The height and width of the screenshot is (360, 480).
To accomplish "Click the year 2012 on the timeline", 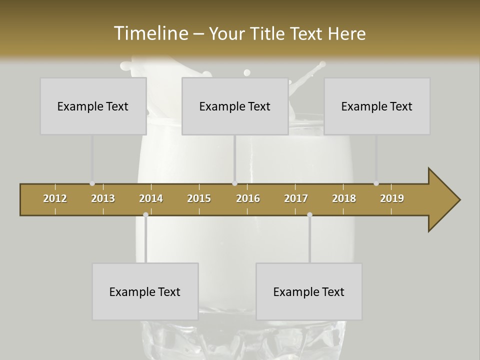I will [x=55, y=198].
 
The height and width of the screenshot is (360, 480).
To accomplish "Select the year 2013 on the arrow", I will [x=103, y=198].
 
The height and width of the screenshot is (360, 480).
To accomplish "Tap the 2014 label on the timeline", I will [x=151, y=198].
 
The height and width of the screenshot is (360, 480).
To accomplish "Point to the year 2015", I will [x=199, y=198].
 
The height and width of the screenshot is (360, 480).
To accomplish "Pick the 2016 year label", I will [x=248, y=198].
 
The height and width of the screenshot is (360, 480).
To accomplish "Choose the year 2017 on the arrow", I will [x=296, y=198].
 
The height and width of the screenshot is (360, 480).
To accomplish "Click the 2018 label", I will [x=344, y=198].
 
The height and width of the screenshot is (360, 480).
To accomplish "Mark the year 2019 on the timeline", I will [x=392, y=198].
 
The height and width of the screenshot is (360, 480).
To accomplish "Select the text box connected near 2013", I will [x=93, y=106].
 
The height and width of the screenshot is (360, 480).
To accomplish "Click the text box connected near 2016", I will [x=235, y=106].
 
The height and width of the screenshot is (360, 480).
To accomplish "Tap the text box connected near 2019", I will [x=377, y=106].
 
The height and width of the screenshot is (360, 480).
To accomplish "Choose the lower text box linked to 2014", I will [x=145, y=291].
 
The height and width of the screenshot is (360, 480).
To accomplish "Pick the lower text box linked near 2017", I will [x=309, y=291].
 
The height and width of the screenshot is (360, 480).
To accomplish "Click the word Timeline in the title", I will [x=150, y=33].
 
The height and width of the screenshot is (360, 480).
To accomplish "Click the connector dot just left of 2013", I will [x=92, y=183].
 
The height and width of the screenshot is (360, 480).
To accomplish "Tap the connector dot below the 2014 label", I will [x=145, y=215].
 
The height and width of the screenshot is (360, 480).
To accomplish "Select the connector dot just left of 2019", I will [x=376, y=183].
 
